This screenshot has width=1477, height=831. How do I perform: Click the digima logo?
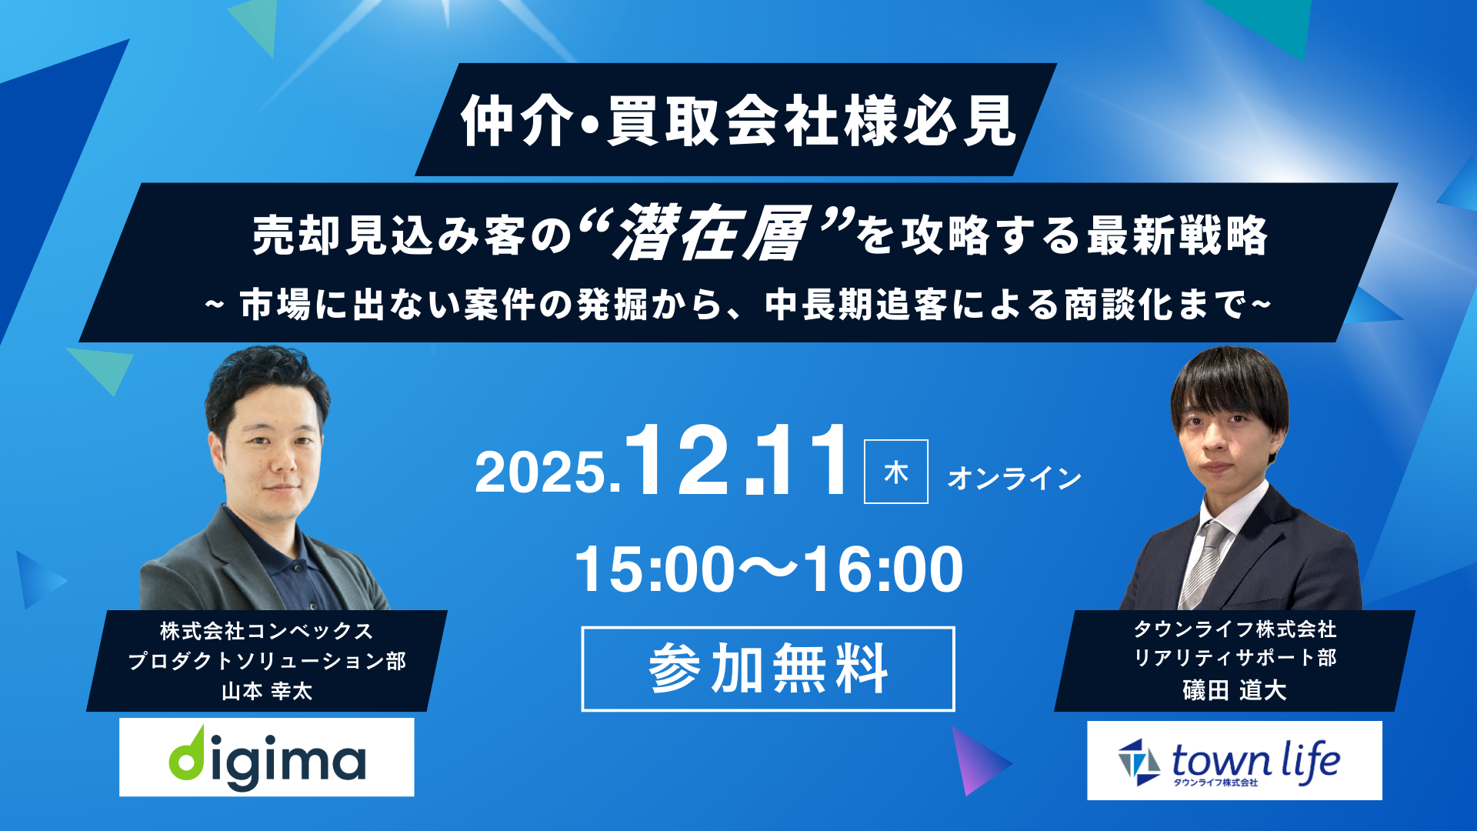[x=266, y=757]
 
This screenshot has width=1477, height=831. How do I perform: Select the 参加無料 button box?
[x=768, y=669]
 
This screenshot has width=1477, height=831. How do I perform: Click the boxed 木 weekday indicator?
[x=896, y=472]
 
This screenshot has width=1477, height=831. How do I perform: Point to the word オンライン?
[x=1015, y=478]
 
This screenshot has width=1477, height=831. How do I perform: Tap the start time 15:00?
[x=655, y=569]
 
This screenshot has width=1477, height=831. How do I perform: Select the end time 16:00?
[x=883, y=569]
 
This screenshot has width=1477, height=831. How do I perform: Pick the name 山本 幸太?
[x=267, y=691]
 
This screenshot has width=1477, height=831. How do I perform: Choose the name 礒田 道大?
[x=1235, y=689]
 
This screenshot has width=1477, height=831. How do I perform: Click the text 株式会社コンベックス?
[x=267, y=631]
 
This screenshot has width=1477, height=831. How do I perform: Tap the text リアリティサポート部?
[x=1235, y=658]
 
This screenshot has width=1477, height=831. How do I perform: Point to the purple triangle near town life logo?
[x=979, y=761]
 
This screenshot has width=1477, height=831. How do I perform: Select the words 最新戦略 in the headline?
[x=1177, y=235]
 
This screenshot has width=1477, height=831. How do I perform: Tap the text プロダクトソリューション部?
[x=267, y=661]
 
